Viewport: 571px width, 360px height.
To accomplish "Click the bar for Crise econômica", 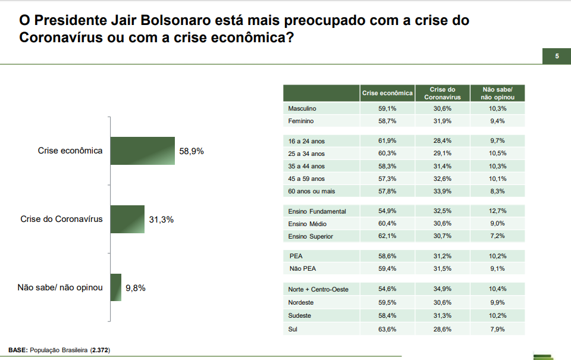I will (142, 151).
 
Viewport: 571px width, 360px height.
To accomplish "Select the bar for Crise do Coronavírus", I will (127, 219).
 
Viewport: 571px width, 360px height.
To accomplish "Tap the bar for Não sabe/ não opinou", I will (115, 287).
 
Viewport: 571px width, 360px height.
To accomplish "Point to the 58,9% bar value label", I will (192, 151).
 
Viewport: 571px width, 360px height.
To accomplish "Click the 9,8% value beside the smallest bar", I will (136, 288).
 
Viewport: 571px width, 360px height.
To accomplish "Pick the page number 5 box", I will (557, 57).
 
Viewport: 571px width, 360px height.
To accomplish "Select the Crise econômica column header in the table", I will (387, 93).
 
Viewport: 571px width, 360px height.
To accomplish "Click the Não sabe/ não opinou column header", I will (498, 93).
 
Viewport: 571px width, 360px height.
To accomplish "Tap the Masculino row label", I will (302, 109).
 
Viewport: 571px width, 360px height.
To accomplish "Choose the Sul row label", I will (293, 328).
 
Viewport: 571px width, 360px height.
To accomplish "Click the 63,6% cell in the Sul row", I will (387, 328).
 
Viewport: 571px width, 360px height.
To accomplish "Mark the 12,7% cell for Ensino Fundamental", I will (498, 211).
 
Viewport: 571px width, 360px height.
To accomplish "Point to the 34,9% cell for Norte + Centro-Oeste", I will (442, 289).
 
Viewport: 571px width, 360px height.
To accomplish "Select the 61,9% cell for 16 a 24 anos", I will (387, 141).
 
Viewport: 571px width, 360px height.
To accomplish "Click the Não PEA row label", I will (302, 268).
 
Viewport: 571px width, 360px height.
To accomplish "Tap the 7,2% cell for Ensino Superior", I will (498, 236).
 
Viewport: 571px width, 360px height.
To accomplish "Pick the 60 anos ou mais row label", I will (311, 191).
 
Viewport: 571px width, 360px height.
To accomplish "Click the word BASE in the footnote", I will (17, 350).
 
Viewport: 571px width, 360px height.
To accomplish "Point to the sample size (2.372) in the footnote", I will (100, 350).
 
